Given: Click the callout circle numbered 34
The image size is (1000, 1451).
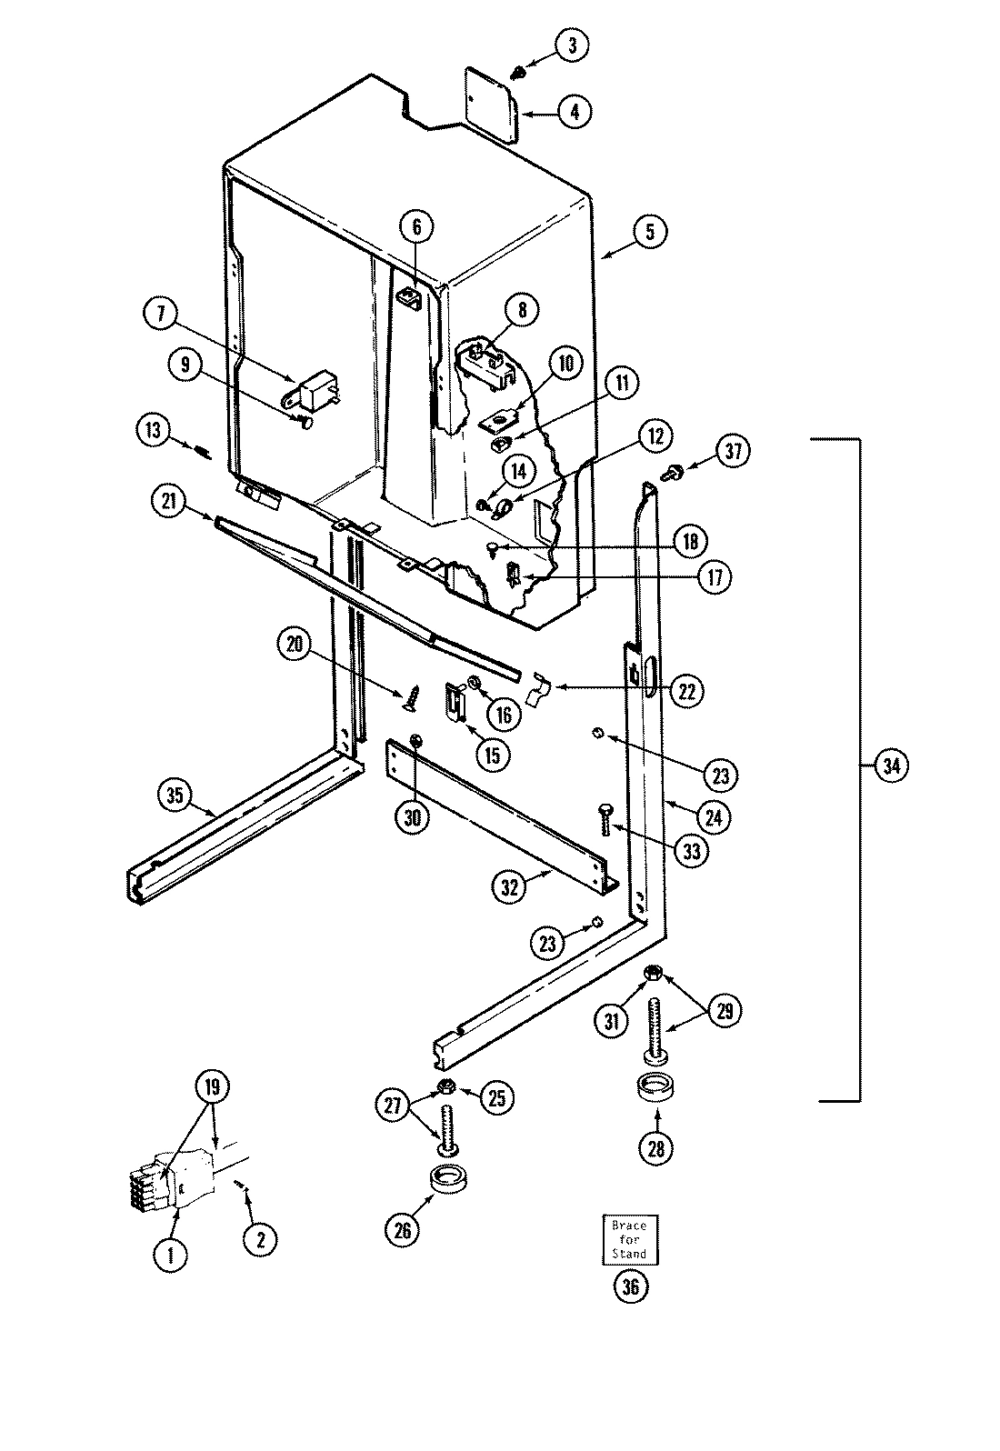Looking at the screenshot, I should (x=890, y=766).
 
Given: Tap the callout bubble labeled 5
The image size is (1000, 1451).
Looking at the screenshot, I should (x=649, y=231).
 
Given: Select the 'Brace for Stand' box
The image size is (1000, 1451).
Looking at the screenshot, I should (x=629, y=1239).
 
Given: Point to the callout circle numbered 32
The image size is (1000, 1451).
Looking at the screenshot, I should (x=509, y=887).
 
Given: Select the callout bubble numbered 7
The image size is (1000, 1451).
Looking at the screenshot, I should (x=161, y=315).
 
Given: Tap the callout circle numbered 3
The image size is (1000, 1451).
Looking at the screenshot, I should (x=572, y=45).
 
